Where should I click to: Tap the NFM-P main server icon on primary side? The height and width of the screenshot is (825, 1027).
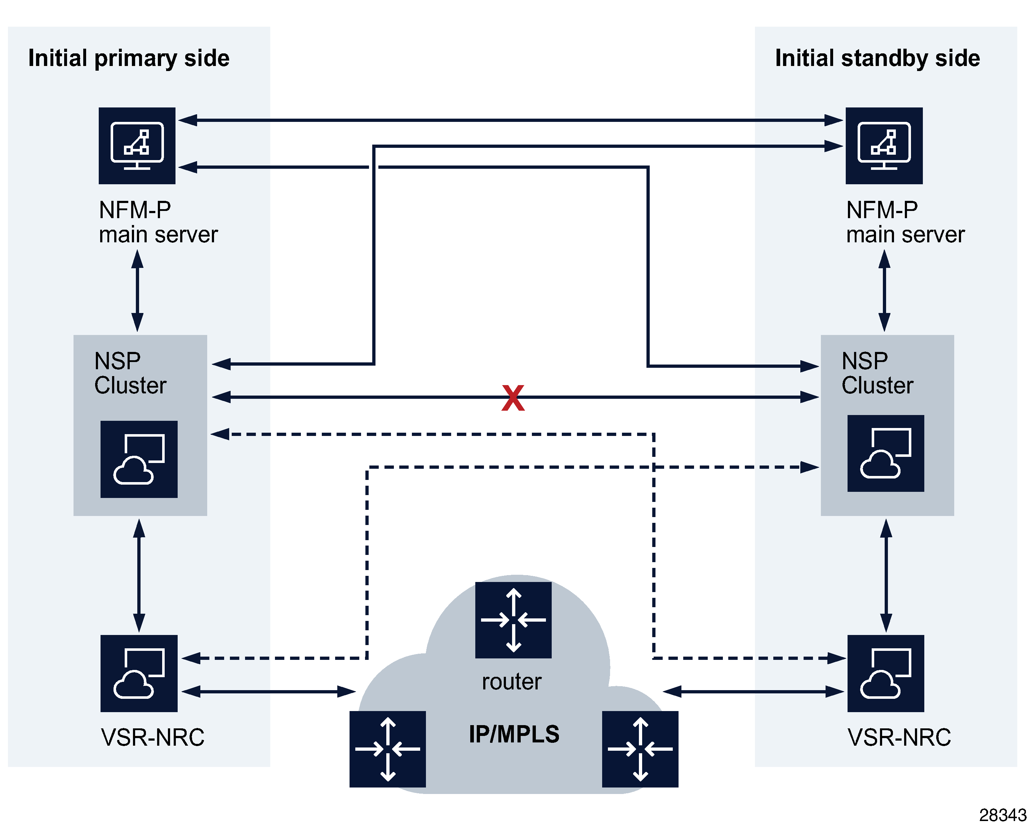click(x=137, y=146)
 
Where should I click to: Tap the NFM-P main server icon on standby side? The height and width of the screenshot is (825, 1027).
click(x=884, y=146)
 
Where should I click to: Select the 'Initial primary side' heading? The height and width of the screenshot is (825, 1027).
click(x=129, y=58)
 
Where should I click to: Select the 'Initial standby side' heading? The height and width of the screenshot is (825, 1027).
click(x=877, y=58)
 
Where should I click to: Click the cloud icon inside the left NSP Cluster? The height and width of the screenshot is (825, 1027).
click(x=139, y=459)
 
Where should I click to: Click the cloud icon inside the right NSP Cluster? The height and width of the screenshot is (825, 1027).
click(x=885, y=453)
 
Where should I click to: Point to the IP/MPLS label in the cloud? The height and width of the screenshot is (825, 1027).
click(x=514, y=734)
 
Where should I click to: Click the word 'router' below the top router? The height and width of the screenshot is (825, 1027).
click(x=512, y=681)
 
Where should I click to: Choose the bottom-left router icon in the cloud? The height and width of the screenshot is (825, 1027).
click(x=388, y=749)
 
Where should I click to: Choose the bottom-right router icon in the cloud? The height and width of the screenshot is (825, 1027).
click(x=640, y=749)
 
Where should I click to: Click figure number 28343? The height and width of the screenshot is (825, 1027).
click(x=1002, y=815)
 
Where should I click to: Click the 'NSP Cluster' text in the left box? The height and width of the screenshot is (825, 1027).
click(x=130, y=373)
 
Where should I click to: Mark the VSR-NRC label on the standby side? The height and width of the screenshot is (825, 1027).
click(x=899, y=737)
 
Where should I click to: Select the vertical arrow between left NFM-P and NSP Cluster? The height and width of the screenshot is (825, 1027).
click(x=138, y=291)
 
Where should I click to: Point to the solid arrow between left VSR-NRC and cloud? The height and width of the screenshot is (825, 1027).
click(x=269, y=692)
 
